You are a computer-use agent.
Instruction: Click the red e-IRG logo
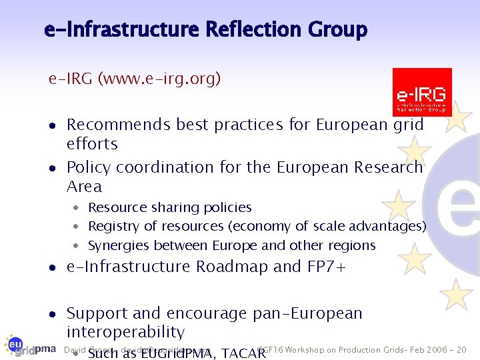point(422,92)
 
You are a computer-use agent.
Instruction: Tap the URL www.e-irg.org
point(159,79)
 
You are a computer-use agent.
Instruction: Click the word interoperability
point(125,332)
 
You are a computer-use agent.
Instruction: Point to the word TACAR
point(243,353)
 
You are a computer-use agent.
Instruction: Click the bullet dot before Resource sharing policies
point(78,208)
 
